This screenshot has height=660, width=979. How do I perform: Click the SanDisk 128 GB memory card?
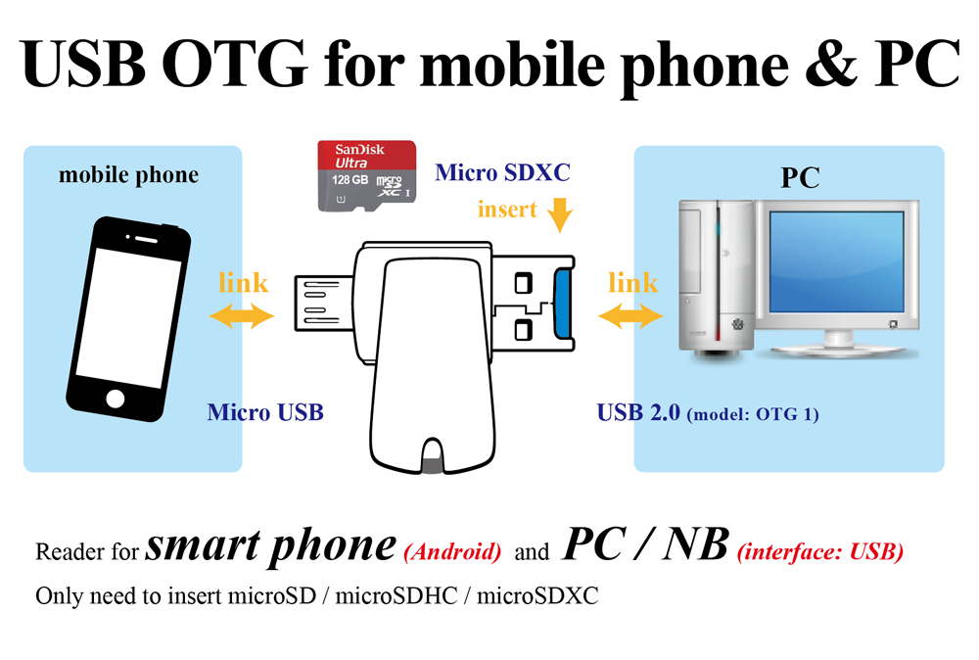366,175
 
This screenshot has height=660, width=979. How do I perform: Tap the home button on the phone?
116,399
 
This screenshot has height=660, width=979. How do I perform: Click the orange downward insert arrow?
559,214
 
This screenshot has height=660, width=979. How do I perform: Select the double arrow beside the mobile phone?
242,315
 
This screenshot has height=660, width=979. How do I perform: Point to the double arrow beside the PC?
630,315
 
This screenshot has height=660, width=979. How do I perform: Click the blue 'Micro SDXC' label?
502,172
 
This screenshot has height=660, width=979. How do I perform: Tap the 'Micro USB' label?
265,412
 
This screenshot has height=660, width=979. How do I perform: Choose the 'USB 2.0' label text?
638,412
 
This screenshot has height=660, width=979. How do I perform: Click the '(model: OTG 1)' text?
753,414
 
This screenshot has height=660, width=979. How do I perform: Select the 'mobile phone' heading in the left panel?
128,175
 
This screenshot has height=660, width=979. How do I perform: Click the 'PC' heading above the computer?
800,178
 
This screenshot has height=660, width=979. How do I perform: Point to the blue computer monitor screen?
837,261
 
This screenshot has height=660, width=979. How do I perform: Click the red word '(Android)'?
452,552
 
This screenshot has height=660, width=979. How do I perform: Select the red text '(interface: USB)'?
820,552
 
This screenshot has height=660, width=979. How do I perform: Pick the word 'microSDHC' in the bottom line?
396,595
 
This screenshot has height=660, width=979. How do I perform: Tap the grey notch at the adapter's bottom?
432,464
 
